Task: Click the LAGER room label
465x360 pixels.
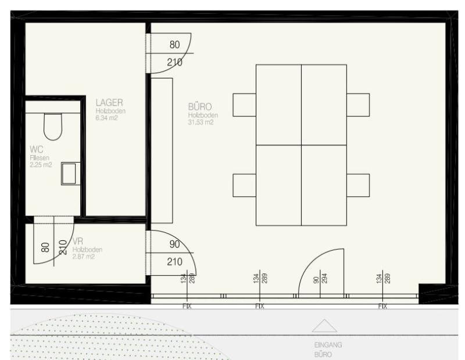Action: (x=109, y=103)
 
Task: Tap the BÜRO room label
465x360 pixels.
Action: (x=200, y=107)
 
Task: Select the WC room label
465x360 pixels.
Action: (x=37, y=149)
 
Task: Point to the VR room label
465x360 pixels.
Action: (x=78, y=242)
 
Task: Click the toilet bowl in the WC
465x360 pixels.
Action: (x=53, y=127)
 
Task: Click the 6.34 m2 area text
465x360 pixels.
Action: (x=106, y=118)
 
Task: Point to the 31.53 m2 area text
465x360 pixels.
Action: (x=201, y=122)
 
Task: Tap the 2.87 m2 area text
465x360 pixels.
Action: (x=83, y=257)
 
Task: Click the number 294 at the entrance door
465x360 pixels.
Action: (x=324, y=279)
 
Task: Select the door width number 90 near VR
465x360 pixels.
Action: (x=175, y=244)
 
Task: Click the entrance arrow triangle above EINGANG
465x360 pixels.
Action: (x=324, y=326)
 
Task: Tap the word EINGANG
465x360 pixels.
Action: (x=328, y=345)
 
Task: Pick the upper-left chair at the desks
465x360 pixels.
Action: (x=244, y=105)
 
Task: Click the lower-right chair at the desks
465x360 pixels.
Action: (x=358, y=185)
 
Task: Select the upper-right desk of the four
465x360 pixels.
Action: (x=324, y=105)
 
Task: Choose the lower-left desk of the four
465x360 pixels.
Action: (x=279, y=185)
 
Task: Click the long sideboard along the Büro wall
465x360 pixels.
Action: (x=162, y=150)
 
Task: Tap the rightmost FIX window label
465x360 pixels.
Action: (x=382, y=306)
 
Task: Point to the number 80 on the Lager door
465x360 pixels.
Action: (x=175, y=45)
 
